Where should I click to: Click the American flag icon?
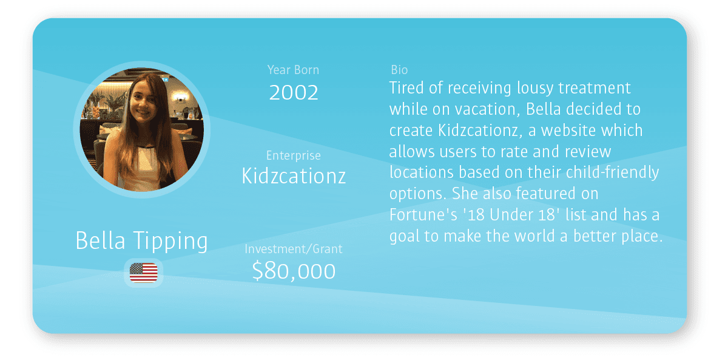click(144, 273)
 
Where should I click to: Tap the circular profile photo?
click(142, 129)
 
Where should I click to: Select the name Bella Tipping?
click(142, 241)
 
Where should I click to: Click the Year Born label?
click(293, 70)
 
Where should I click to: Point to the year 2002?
click(294, 92)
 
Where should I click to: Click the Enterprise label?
click(294, 155)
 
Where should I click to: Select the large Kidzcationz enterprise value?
click(294, 176)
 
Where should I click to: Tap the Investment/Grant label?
click(294, 249)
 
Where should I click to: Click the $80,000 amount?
click(294, 271)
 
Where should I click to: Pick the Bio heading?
click(399, 70)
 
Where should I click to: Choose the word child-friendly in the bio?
click(612, 172)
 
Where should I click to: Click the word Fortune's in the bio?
click(423, 215)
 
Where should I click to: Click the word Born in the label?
click(306, 70)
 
